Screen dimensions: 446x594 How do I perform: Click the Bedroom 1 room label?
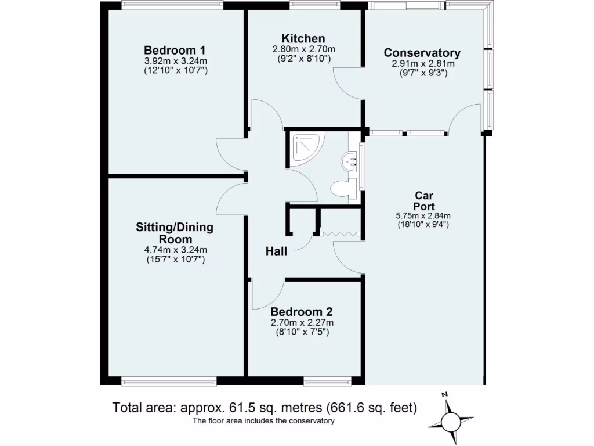175,50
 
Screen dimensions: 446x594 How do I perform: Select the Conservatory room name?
422,53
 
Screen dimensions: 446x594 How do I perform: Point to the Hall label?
277,251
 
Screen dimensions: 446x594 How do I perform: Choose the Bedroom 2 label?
301,311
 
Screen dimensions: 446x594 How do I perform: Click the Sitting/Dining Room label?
174,233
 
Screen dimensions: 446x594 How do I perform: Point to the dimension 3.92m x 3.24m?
175,60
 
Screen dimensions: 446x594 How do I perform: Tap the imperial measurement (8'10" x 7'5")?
302,332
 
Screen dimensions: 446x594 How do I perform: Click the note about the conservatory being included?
264,421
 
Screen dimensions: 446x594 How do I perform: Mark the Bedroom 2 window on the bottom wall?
328,382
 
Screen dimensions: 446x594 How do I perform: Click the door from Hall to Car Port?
348,258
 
